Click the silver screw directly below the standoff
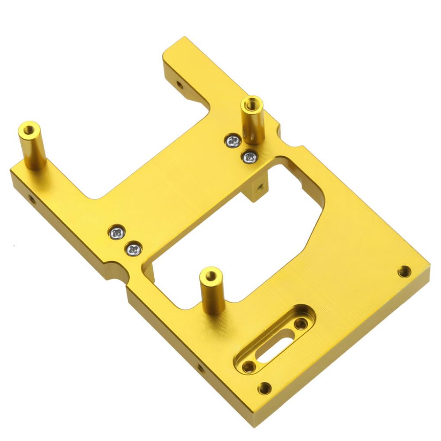249,157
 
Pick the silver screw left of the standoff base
233,141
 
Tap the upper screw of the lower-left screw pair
117,233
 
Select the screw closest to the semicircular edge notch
133,249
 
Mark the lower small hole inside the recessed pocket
248,367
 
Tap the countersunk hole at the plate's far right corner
404,272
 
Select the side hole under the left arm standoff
32,199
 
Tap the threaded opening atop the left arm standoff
29,128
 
